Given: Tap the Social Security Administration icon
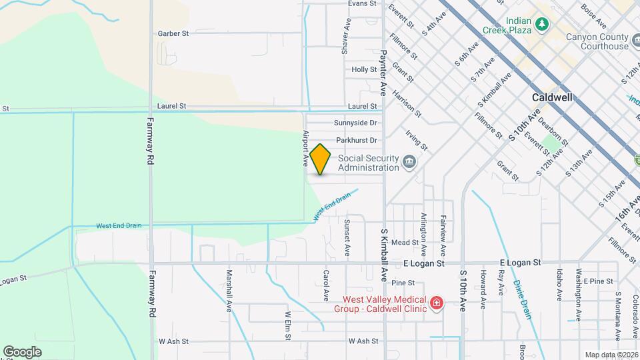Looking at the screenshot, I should click(x=409, y=162).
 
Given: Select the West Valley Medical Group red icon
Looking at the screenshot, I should click(x=436, y=304).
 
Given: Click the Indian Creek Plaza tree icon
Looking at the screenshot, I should click(x=543, y=24).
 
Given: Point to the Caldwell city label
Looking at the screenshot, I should click(x=553, y=97).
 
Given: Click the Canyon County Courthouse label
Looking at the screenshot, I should click(x=597, y=42).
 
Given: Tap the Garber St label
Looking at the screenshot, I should click(x=173, y=33).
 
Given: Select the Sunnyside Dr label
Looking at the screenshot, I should click(x=355, y=123).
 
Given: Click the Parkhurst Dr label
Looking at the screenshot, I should click(x=357, y=141).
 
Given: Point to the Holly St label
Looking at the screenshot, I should click(x=364, y=69).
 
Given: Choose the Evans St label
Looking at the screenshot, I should click(x=363, y=4).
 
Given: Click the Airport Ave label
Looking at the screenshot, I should click(x=307, y=148).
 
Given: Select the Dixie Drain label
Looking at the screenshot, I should click(x=523, y=299).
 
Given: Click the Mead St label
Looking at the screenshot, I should click(x=404, y=243).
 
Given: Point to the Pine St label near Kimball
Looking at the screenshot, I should click(x=399, y=283).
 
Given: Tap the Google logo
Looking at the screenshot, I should click(x=22, y=351).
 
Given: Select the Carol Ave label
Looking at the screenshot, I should click(x=327, y=285).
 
